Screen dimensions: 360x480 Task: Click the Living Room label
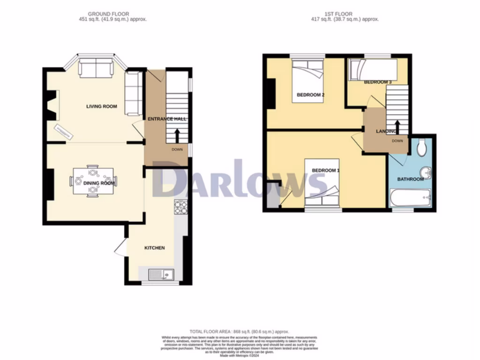pos(101,106)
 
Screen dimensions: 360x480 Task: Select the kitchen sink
pos(161,274)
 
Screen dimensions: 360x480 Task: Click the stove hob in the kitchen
pos(180,207)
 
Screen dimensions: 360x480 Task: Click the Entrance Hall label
pos(167,119)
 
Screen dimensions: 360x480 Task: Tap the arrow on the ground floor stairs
pos(178,135)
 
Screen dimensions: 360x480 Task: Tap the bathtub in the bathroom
pos(410,198)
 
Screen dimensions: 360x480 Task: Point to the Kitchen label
pos(154,247)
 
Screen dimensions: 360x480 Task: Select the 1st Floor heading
pos(345,14)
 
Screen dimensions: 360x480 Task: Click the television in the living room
pos(63,132)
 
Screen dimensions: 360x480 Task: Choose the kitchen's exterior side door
pos(119,247)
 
